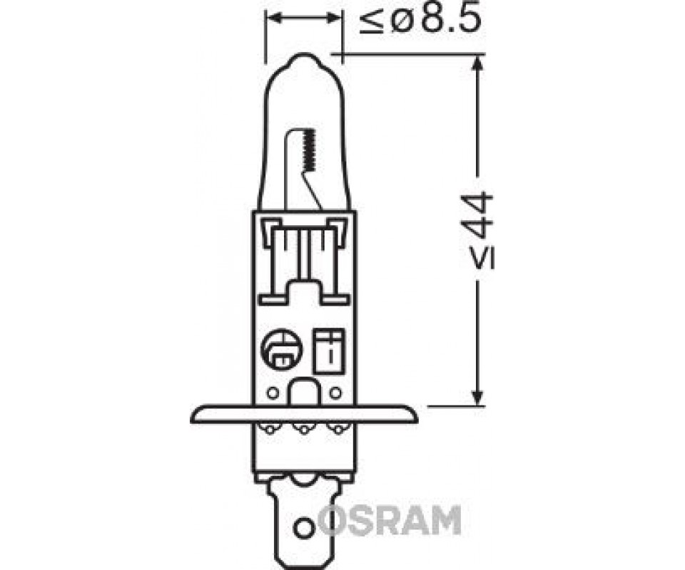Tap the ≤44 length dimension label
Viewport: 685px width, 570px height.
[x=482, y=230]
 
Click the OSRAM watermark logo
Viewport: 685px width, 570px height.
[x=390, y=520]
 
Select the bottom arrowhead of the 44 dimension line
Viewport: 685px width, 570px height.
[x=479, y=398]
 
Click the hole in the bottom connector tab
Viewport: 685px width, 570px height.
[x=304, y=528]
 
